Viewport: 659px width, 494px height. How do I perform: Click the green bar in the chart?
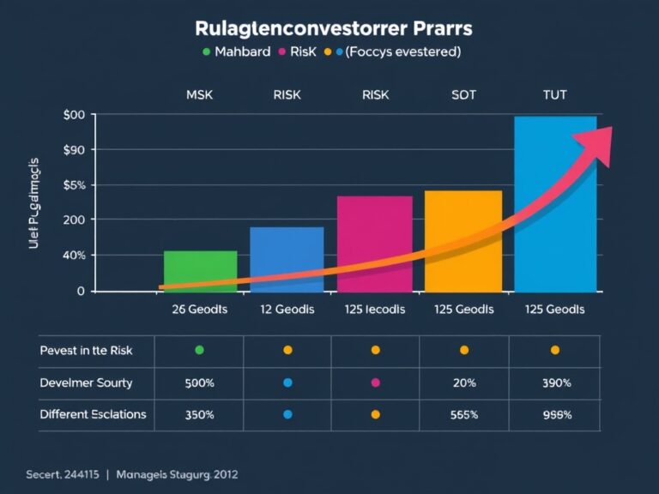[x=200, y=271]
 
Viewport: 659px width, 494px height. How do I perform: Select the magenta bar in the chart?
[x=374, y=244]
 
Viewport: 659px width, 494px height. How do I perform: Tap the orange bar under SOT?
[x=463, y=241]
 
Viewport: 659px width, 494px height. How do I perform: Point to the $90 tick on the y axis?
[x=74, y=150]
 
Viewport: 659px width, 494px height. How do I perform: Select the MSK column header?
[x=199, y=95]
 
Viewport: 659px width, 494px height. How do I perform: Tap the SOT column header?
[x=463, y=95]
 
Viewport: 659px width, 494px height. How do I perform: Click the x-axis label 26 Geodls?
[x=199, y=310]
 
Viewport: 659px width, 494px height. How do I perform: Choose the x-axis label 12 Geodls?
[x=287, y=310]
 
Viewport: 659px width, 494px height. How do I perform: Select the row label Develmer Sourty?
[x=86, y=383]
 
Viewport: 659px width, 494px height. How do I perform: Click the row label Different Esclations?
[x=93, y=414]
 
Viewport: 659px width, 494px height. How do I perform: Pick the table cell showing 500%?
[x=199, y=383]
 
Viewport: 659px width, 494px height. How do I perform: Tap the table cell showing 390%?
[x=554, y=383]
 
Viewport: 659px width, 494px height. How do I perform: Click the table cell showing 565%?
[x=463, y=414]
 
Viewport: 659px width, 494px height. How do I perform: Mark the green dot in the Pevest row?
[x=199, y=350]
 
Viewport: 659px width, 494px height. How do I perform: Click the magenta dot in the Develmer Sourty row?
[x=375, y=383]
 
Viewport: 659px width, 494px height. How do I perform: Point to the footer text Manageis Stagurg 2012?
[x=178, y=474]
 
